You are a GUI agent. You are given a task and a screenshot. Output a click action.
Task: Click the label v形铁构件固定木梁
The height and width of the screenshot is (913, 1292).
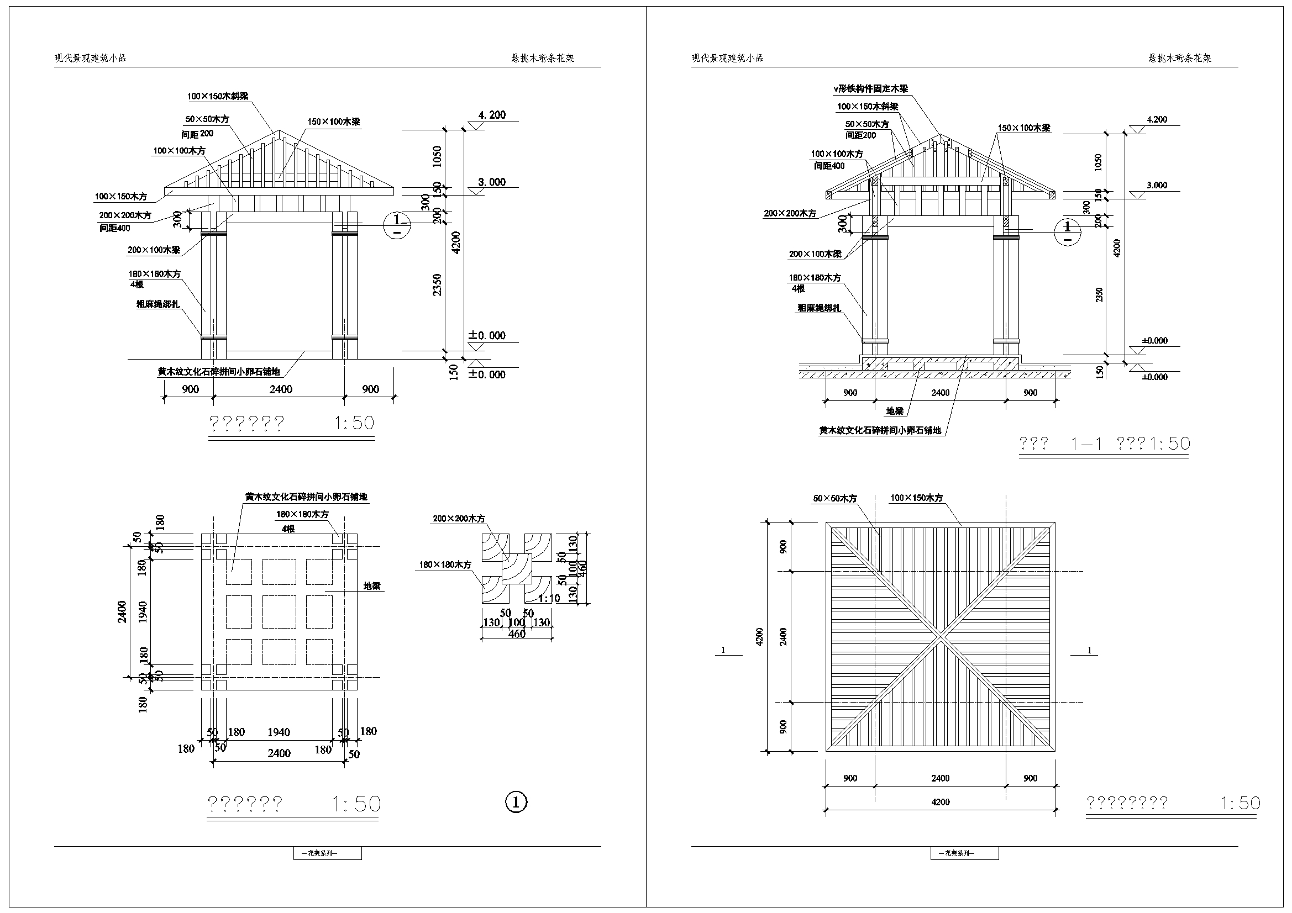coord(870,88)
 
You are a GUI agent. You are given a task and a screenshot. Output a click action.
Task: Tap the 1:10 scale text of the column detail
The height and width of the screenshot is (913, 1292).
coord(549,598)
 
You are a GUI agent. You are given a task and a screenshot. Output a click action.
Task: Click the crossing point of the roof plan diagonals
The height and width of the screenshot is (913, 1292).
coord(941,637)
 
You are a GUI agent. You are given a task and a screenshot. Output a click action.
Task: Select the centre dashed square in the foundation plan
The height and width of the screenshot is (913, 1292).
coord(279,612)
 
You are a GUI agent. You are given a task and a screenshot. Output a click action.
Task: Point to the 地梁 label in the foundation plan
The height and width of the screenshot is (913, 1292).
coord(372,585)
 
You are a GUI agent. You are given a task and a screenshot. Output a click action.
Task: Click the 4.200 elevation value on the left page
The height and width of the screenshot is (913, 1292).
coord(492,115)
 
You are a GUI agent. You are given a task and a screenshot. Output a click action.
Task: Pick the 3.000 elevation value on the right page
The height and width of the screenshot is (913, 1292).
coord(1157,185)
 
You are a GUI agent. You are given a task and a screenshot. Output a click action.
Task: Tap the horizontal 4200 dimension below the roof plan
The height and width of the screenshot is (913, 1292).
coord(941,802)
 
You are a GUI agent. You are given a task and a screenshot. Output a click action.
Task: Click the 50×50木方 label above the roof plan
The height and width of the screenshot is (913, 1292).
coord(835,498)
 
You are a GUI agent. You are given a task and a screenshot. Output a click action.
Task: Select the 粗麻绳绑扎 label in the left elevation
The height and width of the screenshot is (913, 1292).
coord(158,304)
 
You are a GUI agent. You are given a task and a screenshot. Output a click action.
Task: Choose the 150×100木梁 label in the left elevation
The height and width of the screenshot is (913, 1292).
coord(334,122)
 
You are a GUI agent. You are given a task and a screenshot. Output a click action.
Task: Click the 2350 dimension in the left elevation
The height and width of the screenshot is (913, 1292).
coord(438,284)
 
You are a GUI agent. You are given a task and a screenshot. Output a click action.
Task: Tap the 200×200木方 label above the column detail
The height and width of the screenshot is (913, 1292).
coord(459,519)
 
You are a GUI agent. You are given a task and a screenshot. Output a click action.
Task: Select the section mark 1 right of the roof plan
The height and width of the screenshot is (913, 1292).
coord(1089,650)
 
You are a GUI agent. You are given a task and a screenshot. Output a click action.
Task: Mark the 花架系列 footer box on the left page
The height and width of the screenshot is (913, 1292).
coord(328,853)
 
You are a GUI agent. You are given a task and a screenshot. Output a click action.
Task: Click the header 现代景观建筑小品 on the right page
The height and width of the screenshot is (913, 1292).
coord(727,58)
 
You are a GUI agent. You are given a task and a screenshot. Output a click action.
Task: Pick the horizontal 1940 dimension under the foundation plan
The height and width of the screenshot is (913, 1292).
coord(279,732)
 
